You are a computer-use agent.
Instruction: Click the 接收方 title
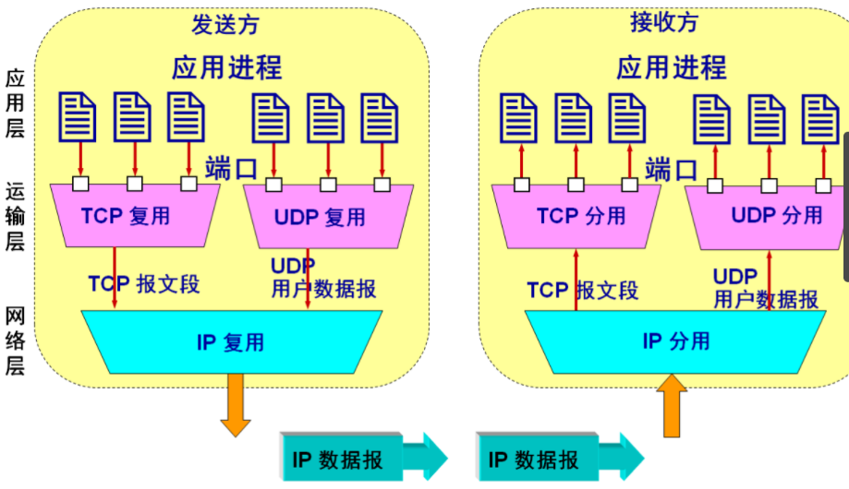tap(663, 23)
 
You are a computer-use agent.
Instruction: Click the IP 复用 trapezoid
tap(231, 342)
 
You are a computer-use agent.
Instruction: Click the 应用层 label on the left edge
tap(16, 104)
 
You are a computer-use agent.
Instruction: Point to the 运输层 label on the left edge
tap(16, 216)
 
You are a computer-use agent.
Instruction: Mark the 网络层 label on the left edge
tap(16, 341)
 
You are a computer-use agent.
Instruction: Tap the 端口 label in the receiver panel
tap(672, 169)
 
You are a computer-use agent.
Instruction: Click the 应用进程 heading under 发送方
tap(226, 67)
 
